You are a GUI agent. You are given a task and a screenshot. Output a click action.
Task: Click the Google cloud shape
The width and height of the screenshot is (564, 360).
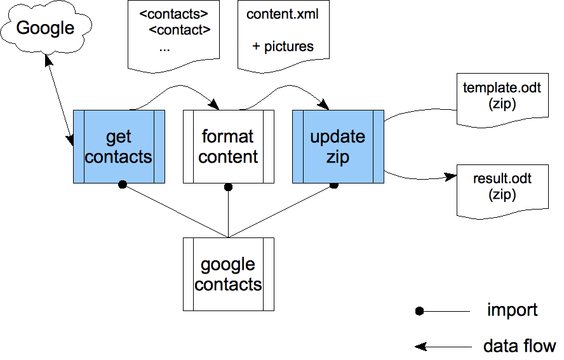pos(46,28)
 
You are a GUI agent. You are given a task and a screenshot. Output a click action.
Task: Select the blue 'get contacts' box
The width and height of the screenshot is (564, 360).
pos(119,147)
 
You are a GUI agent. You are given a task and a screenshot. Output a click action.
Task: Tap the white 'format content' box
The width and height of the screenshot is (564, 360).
pos(229,147)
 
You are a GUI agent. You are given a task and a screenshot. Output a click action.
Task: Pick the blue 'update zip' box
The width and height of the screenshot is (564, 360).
pos(338,147)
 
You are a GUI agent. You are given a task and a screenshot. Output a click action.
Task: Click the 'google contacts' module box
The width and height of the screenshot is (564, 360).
pos(229,274)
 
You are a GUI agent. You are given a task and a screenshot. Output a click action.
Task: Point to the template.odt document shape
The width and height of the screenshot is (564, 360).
pos(502,100)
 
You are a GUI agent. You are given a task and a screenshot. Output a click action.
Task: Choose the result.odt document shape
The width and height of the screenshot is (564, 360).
pos(502,191)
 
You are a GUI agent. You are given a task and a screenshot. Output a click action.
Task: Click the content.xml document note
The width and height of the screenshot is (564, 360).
pos(283,36)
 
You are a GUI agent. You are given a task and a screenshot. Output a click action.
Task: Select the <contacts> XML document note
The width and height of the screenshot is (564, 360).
pos(174,36)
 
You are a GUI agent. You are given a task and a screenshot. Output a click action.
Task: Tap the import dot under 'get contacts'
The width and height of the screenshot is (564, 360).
pos(123,185)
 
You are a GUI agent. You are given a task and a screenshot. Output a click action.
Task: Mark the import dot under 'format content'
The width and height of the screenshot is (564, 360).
pos(228,187)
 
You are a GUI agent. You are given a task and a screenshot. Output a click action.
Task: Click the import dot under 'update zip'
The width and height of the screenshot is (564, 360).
pos(334,185)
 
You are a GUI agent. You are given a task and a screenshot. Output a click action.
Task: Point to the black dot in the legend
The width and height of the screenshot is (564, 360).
pos(419,311)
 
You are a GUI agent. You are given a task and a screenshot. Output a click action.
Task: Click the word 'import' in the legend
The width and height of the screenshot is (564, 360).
pos(512,310)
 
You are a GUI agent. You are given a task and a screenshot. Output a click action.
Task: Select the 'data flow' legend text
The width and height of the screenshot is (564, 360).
pos(520,346)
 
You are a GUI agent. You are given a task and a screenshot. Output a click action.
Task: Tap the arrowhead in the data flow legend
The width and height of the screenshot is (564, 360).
pos(420,347)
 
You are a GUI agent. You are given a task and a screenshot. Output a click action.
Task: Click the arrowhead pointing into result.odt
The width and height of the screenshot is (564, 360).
pos(451,177)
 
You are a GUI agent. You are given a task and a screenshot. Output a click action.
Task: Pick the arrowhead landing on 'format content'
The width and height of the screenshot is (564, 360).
pos(215,105)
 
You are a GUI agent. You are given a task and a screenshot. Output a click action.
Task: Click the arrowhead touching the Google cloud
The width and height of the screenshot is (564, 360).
pos(48,60)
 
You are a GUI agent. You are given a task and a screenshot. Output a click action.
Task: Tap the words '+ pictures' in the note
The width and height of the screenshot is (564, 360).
pos(283,47)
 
